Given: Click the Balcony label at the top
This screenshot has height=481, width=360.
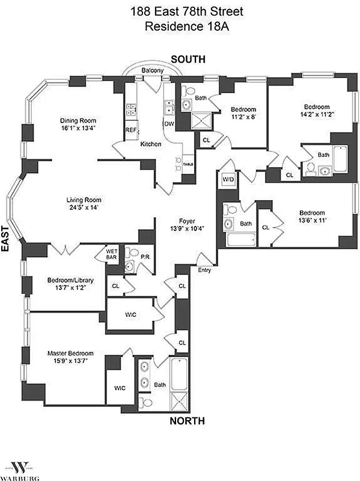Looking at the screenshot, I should coord(152,71).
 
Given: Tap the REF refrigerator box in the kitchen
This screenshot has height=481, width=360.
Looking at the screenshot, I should coord(130,129).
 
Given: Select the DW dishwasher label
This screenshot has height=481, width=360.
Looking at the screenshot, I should coord(168,124).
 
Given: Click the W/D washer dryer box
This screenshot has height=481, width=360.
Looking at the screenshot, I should coord(228,179).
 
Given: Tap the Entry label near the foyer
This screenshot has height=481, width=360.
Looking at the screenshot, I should coord(205,270).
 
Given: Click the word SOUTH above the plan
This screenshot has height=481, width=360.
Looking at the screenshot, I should coord(188,59).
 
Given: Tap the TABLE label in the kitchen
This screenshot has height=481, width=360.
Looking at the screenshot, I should coord(188,164).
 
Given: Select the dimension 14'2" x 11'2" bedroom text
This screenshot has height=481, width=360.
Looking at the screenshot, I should coord(317,113).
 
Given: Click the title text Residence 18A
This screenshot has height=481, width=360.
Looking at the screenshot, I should coord(180,26).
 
